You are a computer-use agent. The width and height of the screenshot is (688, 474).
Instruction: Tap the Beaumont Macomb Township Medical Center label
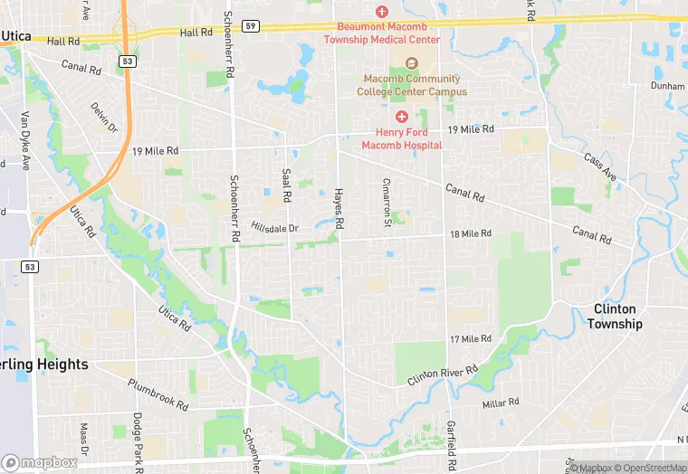tap(388, 33)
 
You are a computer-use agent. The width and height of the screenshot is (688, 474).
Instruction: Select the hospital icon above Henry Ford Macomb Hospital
tap(402, 117)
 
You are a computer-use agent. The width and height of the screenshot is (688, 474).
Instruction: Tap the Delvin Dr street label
tap(104, 117)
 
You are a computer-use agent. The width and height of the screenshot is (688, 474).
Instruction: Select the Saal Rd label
tap(286, 185)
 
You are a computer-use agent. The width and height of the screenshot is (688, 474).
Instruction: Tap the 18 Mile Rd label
tap(471, 234)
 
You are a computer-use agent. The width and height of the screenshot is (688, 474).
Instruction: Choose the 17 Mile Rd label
tap(471, 339)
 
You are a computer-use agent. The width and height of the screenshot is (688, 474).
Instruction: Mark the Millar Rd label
tap(501, 403)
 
